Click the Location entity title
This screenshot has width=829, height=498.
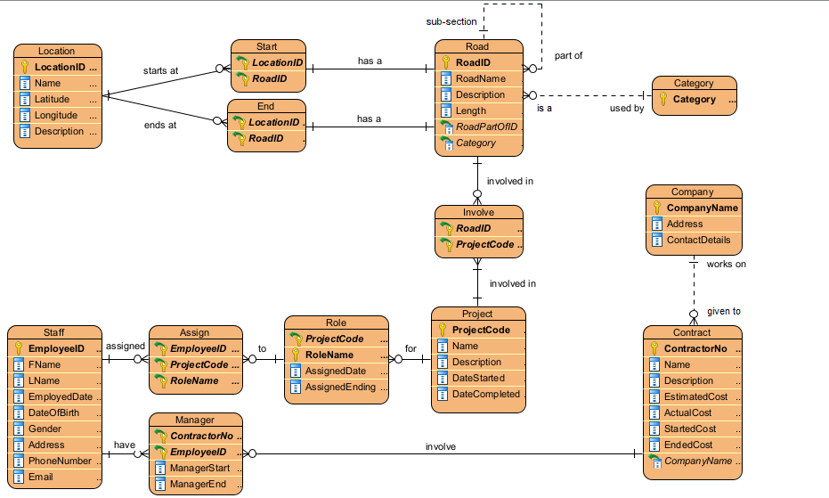pyautogui.click(x=57, y=51)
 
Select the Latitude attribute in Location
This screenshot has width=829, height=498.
pyautogui.click(x=53, y=99)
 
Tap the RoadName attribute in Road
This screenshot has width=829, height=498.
pyautogui.click(x=480, y=78)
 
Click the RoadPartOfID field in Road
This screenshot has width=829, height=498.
pyautogui.click(x=486, y=127)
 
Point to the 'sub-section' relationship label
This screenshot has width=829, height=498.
pyautogui.click(x=451, y=20)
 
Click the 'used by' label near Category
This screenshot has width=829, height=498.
pyautogui.click(x=602, y=108)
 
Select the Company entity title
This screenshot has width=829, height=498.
pyautogui.click(x=692, y=192)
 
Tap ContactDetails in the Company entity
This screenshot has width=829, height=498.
pyautogui.click(x=698, y=240)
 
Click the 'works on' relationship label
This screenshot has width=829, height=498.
pyautogui.click(x=726, y=264)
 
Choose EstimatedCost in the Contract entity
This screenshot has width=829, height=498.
pyautogui.click(x=695, y=396)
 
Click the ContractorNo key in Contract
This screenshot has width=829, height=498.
pyautogui.click(x=695, y=348)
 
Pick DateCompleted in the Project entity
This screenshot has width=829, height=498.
pyautogui.click(x=485, y=394)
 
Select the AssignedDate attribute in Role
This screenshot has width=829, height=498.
pyautogui.click(x=334, y=371)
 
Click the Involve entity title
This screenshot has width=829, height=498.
pyautogui.click(x=478, y=212)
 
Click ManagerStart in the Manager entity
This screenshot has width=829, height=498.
pyautogui.click(x=199, y=468)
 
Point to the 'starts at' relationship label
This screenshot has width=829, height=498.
pyautogui.click(x=160, y=69)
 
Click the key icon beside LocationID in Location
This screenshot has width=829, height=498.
pyautogui.click(x=25, y=67)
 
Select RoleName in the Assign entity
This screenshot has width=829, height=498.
pyautogui.click(x=194, y=380)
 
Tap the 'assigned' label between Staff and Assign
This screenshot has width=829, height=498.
pyautogui.click(x=126, y=346)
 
